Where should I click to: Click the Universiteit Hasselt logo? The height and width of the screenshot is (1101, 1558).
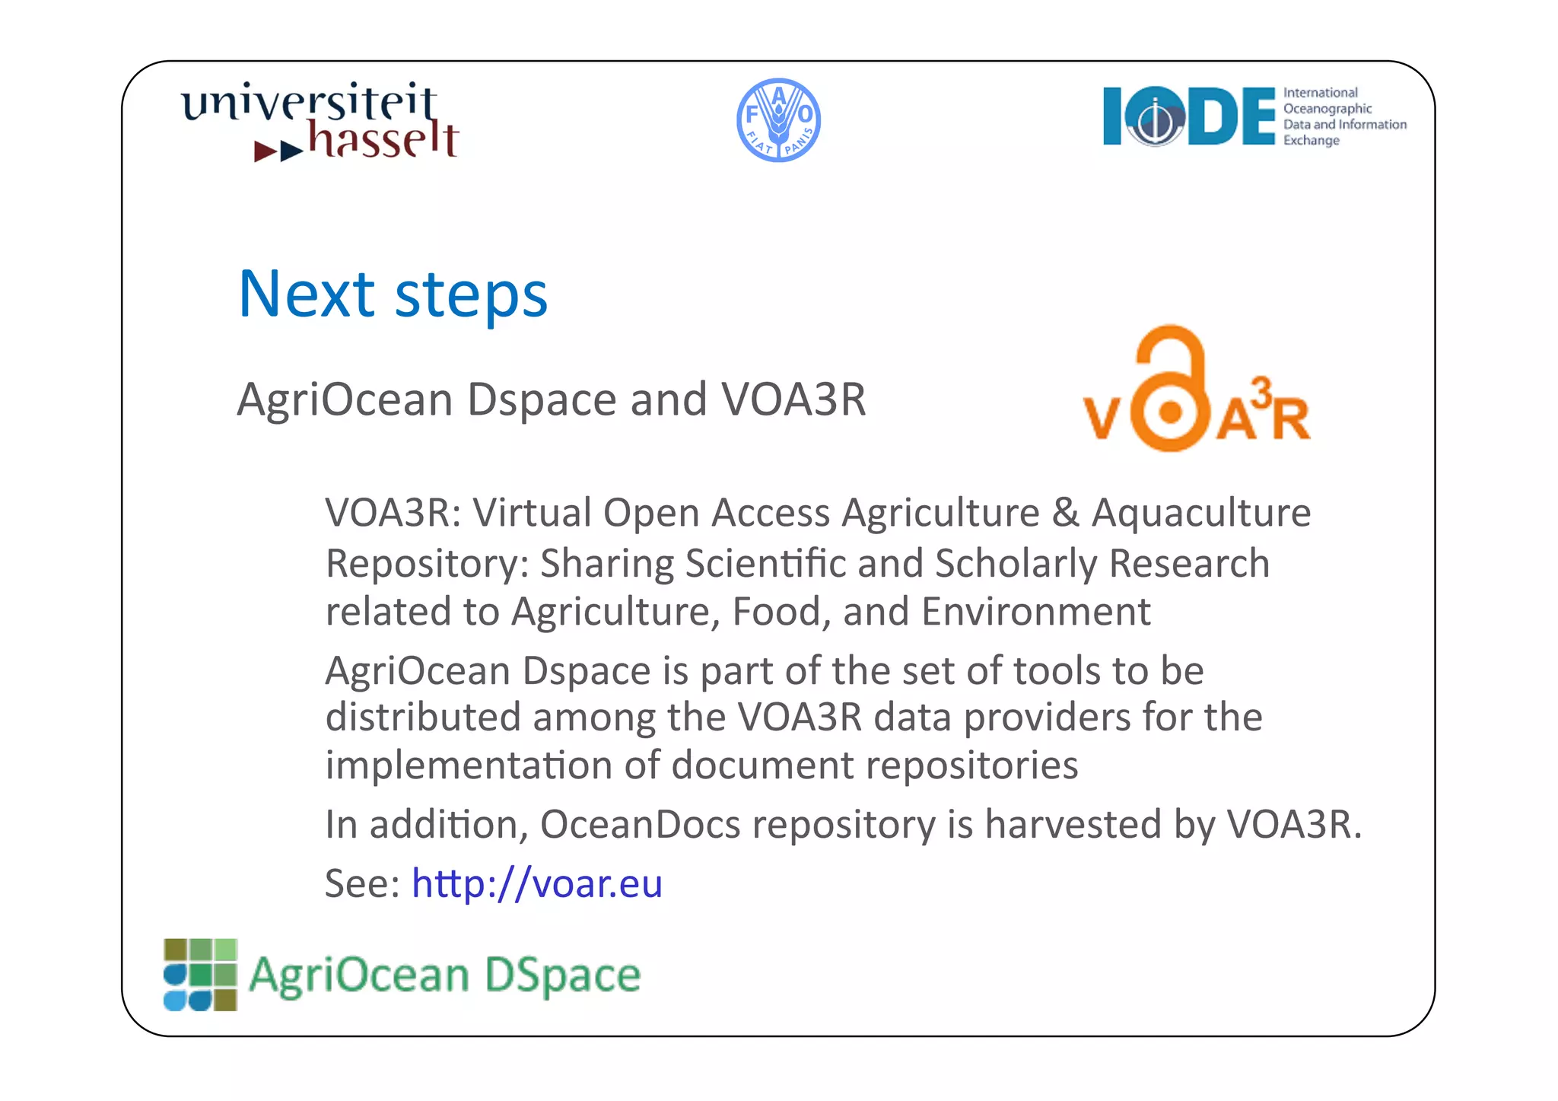[x=320, y=122]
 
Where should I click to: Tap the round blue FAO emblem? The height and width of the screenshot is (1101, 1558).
[x=778, y=120]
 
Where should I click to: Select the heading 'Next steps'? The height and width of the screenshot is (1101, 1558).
[x=393, y=294]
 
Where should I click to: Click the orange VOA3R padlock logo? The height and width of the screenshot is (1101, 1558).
[x=1196, y=390]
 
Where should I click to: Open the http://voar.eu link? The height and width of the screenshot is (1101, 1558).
[x=537, y=884]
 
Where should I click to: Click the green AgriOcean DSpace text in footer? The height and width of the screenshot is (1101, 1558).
[x=445, y=975]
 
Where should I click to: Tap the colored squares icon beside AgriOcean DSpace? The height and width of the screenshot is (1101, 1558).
[x=200, y=975]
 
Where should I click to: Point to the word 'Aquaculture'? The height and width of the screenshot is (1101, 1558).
[x=1201, y=512]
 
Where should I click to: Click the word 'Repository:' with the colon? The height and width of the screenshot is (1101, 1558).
[x=427, y=565]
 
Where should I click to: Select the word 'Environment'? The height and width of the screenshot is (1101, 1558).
[x=1036, y=612]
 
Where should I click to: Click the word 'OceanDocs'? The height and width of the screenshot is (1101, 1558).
[x=640, y=824]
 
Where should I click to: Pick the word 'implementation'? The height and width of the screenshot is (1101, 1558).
[x=468, y=765]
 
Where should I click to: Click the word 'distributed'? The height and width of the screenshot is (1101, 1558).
[x=423, y=718]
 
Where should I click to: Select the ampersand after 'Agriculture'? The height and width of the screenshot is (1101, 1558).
[x=1065, y=513]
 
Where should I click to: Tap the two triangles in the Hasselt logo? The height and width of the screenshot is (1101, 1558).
[x=278, y=151]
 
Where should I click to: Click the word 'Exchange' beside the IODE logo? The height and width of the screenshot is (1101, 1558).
[x=1311, y=141]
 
